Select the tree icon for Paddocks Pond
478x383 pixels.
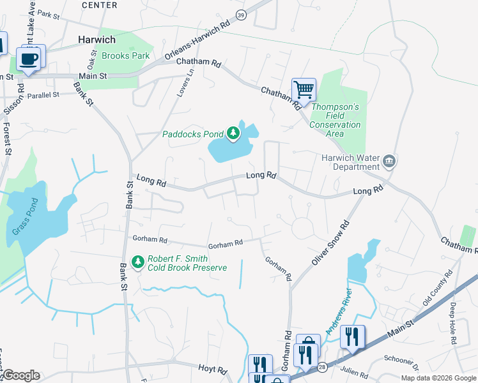(x=234, y=133)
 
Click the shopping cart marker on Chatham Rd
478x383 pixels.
(x=304, y=89)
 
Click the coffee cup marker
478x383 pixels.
(x=28, y=59)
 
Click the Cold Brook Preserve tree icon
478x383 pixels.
(x=137, y=262)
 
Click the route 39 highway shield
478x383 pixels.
(x=240, y=15)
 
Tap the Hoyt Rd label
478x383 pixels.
(x=213, y=370)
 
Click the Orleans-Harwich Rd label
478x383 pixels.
(x=197, y=43)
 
